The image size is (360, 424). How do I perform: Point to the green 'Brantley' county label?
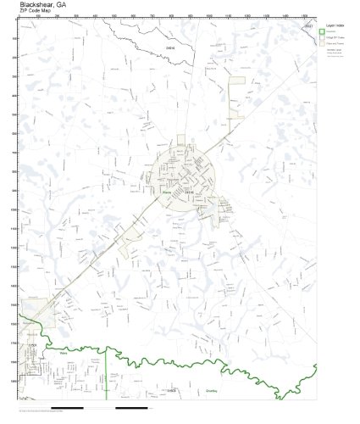pyautogui.click(x=212, y=392)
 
